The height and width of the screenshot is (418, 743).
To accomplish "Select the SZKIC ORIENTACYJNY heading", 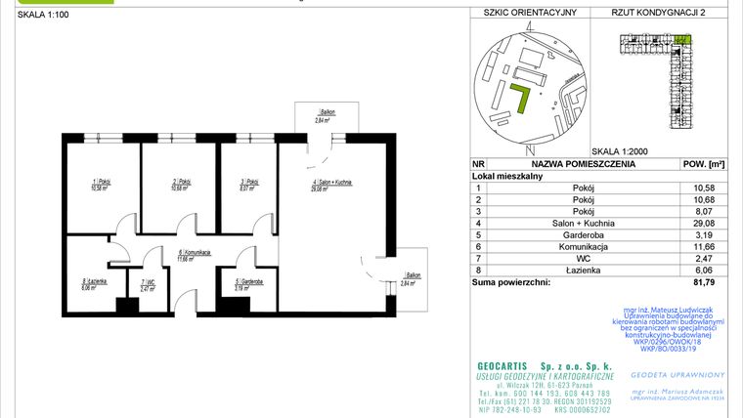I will point(523,12).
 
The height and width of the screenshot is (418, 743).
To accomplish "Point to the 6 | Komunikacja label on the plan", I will point(195,253).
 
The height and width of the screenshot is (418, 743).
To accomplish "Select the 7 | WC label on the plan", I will point(148,284).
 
